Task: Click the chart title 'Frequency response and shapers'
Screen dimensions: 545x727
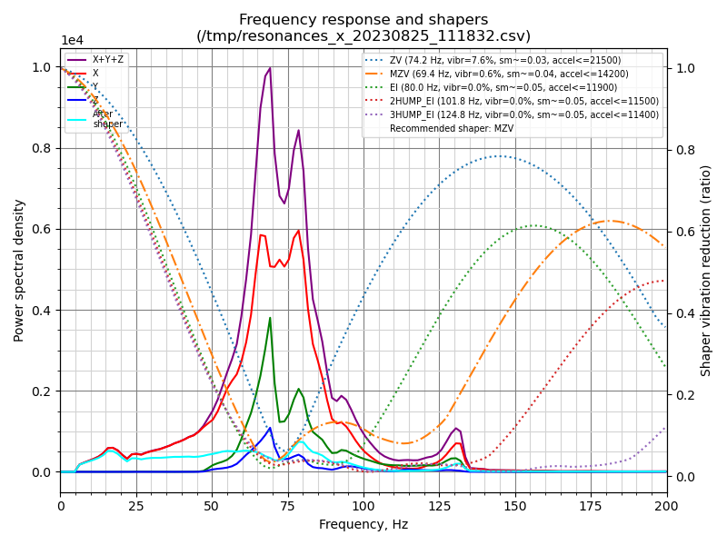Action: (363, 20)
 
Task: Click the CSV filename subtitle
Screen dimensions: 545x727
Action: (363, 36)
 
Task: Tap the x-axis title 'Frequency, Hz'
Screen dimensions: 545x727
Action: (363, 524)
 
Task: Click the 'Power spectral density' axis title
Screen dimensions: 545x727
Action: (19, 270)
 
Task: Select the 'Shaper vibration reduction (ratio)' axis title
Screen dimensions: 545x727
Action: (706, 270)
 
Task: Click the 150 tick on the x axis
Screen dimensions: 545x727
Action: (515, 504)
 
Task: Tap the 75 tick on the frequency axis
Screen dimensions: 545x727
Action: (288, 504)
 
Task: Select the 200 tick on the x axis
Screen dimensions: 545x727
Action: (666, 504)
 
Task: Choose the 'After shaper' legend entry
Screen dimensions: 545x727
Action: (107, 118)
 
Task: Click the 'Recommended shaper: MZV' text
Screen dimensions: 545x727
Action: (445, 128)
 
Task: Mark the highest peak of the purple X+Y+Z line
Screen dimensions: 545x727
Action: (270, 68)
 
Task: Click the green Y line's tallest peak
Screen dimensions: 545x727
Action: (270, 318)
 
